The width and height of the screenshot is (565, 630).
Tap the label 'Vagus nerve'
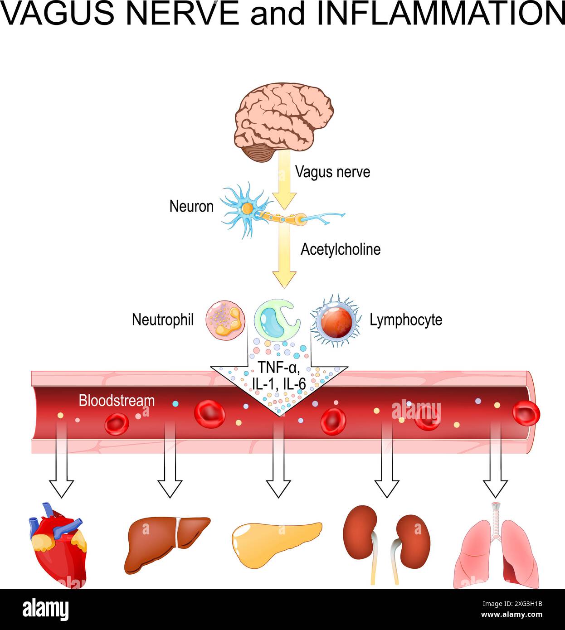[x=332, y=172]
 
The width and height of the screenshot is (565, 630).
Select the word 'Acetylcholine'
[x=340, y=249]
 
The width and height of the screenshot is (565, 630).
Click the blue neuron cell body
[x=247, y=209]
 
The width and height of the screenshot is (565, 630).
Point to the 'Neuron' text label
[x=191, y=207]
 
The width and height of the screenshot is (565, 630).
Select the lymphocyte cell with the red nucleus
[x=336, y=320]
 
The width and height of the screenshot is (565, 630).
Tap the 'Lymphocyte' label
[x=406, y=320]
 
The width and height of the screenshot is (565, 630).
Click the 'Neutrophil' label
[x=162, y=320]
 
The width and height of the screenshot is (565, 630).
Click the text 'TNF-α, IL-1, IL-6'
[x=279, y=375]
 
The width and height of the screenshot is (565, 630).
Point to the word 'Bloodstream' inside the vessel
[x=117, y=401]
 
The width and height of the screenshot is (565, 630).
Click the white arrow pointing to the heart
[x=61, y=480]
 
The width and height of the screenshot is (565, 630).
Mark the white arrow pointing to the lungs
[x=495, y=480]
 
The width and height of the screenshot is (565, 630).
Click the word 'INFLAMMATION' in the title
[x=440, y=14]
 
